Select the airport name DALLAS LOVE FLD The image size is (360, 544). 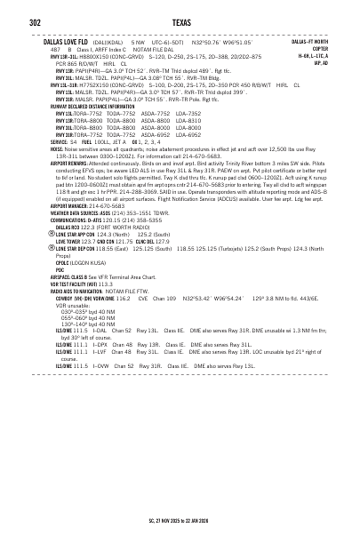(x=65, y=42)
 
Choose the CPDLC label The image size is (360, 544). (x=61, y=264)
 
